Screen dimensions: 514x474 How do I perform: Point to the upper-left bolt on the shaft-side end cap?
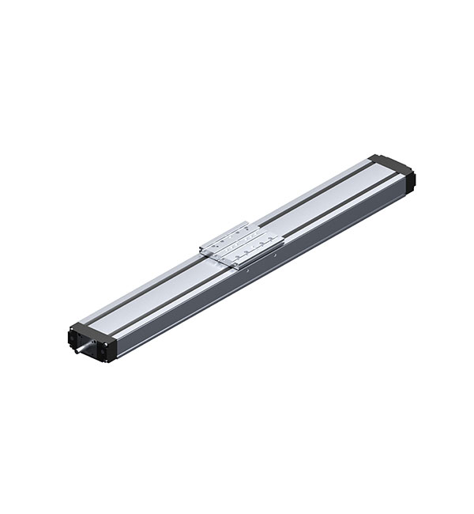click(73, 328)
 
